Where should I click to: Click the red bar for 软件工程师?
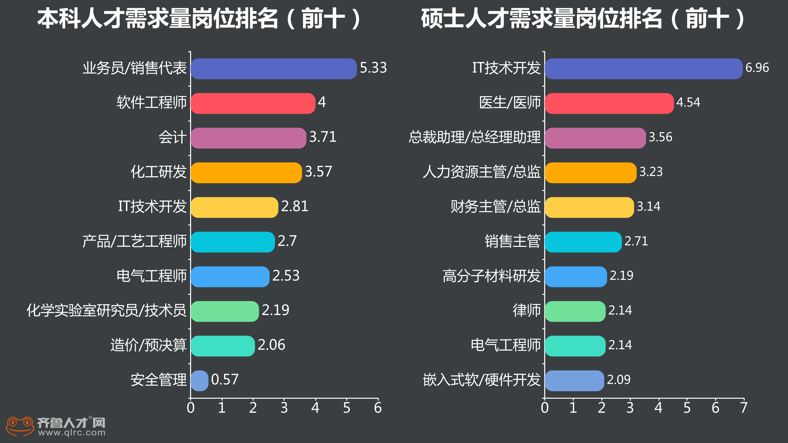click(253, 103)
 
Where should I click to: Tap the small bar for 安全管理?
click(199, 381)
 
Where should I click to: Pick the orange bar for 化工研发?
click(246, 173)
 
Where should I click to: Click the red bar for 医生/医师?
click(609, 103)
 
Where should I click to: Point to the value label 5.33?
click(373, 68)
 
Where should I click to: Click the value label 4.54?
click(688, 102)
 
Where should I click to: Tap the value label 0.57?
click(225, 380)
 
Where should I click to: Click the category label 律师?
click(526, 310)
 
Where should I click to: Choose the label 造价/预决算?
click(148, 345)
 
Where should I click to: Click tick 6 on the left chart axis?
click(378, 408)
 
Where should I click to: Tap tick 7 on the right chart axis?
click(744, 408)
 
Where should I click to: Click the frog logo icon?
click(20, 426)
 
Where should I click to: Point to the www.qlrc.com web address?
click(72, 433)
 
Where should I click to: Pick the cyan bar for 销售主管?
click(583, 242)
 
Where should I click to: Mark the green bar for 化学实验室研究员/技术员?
click(225, 311)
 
